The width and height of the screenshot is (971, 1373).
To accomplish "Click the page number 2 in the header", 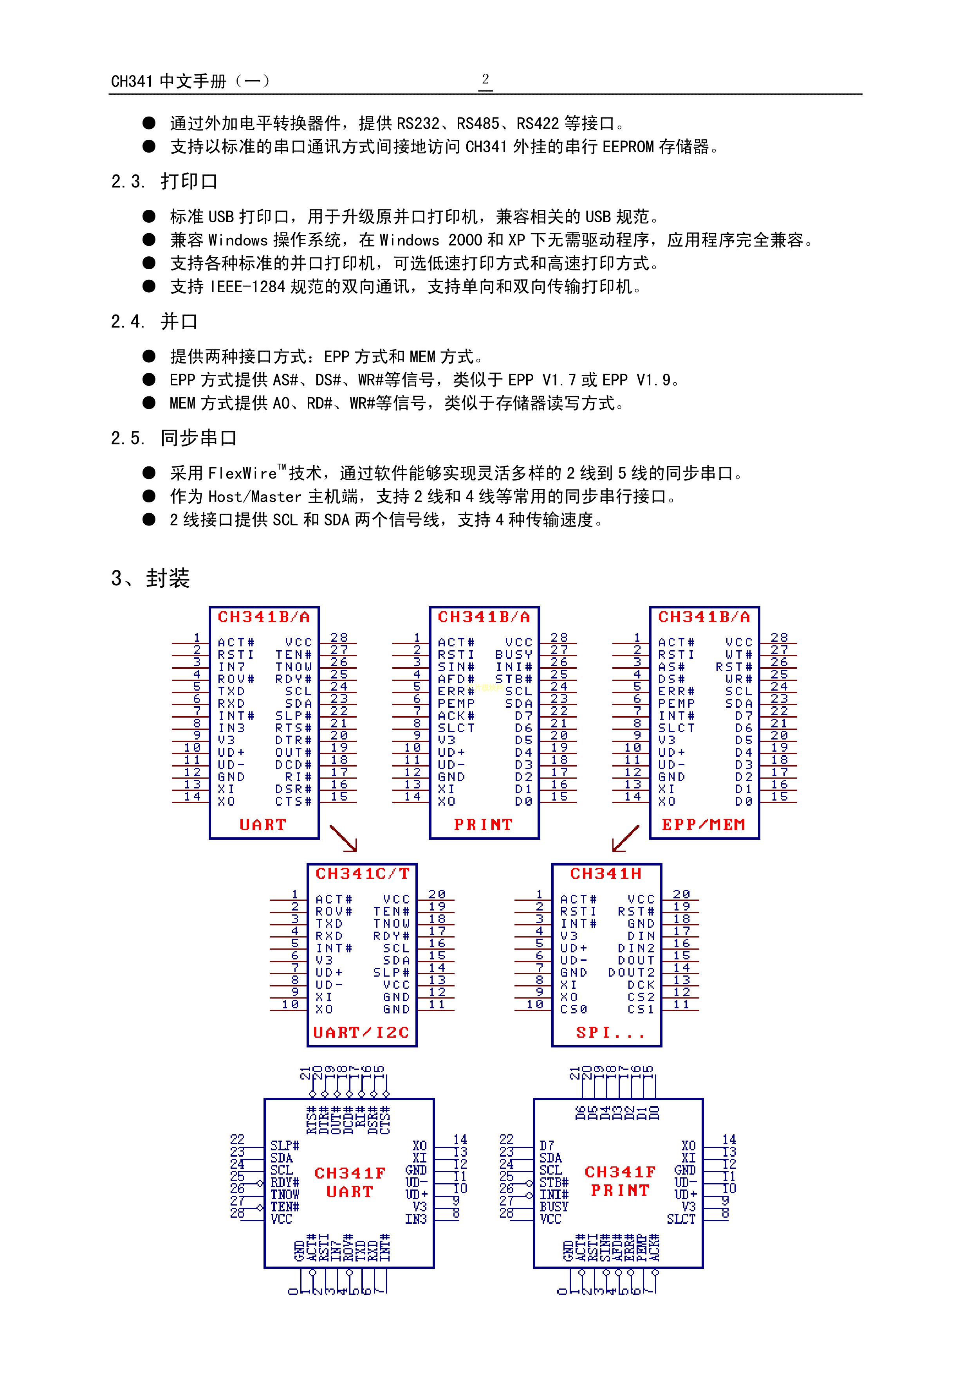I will pos(485,79).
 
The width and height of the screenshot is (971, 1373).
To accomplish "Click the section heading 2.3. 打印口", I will pos(164,181).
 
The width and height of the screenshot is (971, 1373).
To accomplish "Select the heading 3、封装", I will pos(150,578).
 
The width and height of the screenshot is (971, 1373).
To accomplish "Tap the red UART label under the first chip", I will pos(263,825).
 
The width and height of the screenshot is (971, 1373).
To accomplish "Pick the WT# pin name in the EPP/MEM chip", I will pos(739,655).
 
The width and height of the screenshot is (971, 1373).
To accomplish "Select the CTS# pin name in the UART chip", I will pos(293,801).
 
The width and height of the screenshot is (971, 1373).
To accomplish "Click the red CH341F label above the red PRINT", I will pos(620,1171).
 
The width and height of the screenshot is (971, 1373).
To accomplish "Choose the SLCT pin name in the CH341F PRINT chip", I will pos(681,1219).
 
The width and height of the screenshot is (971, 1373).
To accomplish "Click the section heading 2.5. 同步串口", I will pos(173,438).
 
